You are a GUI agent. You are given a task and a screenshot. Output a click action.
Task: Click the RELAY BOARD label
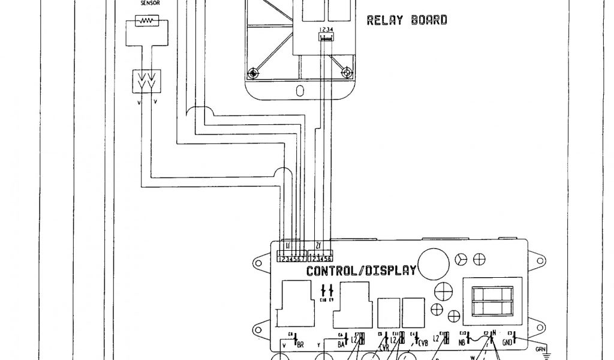(407, 20)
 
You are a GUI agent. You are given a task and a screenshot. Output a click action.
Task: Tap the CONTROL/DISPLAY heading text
(361, 271)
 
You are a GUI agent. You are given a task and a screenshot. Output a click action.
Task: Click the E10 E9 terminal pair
(327, 290)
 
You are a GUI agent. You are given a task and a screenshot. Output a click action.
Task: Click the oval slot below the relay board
(300, 91)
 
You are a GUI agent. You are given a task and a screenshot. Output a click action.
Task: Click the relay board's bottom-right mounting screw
(346, 73)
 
